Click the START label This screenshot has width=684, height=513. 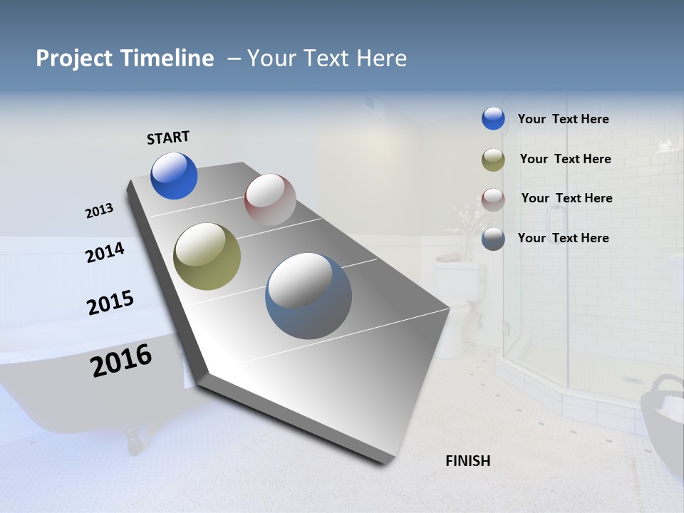[168, 138]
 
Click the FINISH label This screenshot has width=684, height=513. [467, 461]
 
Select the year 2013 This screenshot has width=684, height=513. [99, 211]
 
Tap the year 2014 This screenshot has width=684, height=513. [105, 252]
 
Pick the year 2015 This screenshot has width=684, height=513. [110, 303]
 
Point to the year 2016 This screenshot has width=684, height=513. [121, 361]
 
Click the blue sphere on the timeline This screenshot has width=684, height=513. [174, 176]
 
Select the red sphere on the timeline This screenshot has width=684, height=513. [270, 199]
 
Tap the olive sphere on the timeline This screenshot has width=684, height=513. [207, 256]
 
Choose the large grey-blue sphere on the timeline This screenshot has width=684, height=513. [309, 296]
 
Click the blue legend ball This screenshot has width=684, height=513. [493, 118]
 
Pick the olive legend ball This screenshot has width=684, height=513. [493, 160]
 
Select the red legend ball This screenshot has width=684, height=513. [493, 199]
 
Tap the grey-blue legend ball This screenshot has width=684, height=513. [493, 239]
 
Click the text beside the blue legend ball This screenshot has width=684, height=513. [563, 119]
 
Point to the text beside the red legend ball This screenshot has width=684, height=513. [566, 198]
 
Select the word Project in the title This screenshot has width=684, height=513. [73, 58]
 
